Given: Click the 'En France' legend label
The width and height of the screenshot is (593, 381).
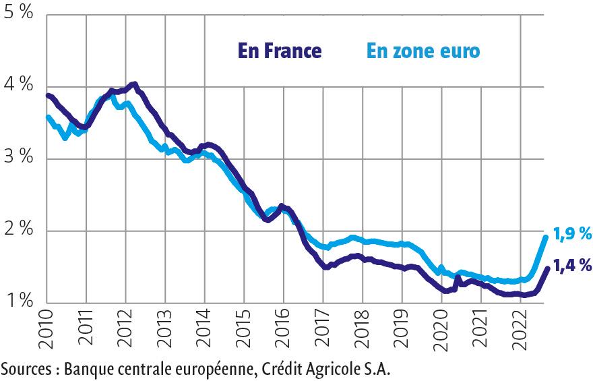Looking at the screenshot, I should tap(278, 51).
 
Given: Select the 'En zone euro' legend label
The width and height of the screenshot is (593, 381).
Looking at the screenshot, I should tap(423, 51).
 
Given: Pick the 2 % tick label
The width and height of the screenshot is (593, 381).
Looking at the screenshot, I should tap(18, 230).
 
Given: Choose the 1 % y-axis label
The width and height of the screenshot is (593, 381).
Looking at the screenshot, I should tap(18, 302).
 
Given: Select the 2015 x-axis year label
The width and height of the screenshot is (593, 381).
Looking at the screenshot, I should tap(245, 332).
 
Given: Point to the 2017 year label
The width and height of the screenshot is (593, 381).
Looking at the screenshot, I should tap(323, 332).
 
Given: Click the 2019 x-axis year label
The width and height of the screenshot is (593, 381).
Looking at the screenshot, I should tap(402, 332).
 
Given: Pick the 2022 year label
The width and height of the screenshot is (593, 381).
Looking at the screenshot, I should tap(520, 332).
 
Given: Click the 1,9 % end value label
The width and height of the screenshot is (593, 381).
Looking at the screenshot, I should tap(572, 234).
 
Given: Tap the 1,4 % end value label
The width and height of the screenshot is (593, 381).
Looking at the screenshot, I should tap(572, 265).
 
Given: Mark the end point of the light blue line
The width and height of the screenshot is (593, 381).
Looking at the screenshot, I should tap(546, 236).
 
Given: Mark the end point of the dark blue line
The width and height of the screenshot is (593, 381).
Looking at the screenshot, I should tap(546, 268).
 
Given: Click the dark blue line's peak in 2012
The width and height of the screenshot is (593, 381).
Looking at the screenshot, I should tap(135, 84).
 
